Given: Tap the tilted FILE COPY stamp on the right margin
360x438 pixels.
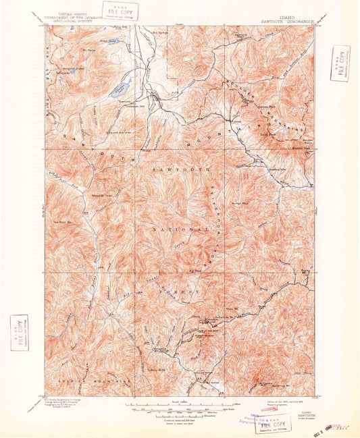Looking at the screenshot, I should [340, 63].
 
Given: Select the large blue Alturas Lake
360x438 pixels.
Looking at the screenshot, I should [124, 86].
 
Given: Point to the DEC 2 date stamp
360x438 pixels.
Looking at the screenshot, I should [323, 428].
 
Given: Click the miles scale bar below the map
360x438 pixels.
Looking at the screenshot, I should [179, 403].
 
